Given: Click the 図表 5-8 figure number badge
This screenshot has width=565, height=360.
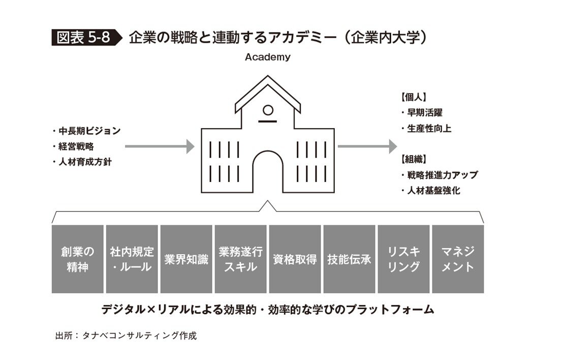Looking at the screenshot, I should [x=83, y=38].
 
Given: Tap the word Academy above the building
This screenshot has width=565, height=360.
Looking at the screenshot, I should [x=268, y=57].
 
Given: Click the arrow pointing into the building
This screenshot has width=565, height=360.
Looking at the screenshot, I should [x=160, y=147].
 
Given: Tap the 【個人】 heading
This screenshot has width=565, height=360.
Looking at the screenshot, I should [x=413, y=97].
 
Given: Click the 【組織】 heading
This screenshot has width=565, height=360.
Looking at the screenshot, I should [x=413, y=158].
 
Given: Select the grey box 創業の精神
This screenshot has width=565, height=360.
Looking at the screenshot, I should [x=78, y=259].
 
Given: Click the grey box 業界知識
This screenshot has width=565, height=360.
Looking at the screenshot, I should [x=186, y=259].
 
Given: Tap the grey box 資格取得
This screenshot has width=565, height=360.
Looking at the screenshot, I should [x=295, y=259].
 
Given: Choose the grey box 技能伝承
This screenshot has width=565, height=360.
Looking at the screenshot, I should [x=349, y=259].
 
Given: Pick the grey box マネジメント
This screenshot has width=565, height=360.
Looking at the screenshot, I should [x=458, y=259].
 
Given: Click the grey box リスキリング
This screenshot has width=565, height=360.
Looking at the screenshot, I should [x=403, y=259].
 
